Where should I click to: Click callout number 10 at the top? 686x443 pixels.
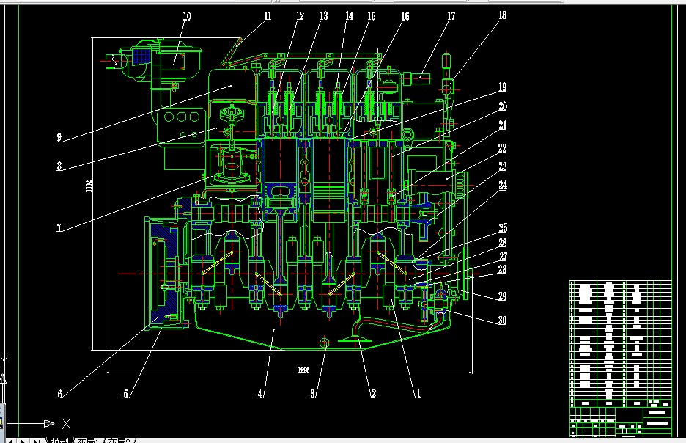(x=187, y=16)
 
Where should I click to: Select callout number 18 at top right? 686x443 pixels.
(x=502, y=15)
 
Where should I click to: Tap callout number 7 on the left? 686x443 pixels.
(x=59, y=227)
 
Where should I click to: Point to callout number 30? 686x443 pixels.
(x=502, y=321)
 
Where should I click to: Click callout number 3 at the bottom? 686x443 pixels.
(x=313, y=394)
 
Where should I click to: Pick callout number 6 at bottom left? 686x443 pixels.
(x=59, y=394)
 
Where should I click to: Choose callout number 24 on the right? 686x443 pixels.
(x=503, y=186)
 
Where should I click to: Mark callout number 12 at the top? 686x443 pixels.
(x=300, y=16)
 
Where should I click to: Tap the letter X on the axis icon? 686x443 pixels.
(x=66, y=423)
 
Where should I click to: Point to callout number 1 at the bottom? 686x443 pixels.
(x=418, y=394)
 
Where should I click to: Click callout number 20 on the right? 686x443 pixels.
(x=503, y=106)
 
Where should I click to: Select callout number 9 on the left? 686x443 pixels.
(x=59, y=136)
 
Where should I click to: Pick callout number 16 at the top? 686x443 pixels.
(x=405, y=16)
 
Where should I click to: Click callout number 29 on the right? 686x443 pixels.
(x=502, y=296)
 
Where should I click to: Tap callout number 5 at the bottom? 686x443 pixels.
(x=126, y=394)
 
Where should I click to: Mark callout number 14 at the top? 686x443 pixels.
(x=349, y=16)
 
